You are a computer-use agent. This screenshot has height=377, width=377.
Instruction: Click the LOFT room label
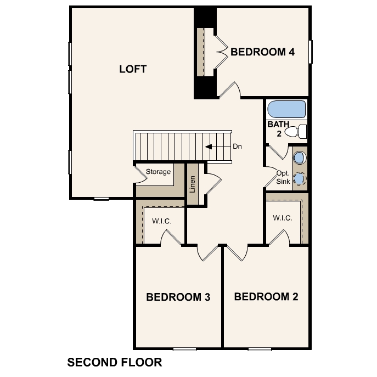pyautogui.click(x=133, y=69)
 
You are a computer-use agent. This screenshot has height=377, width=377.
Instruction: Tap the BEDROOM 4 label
pyautogui.click(x=263, y=52)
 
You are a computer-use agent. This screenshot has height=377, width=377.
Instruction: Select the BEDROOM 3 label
pyautogui.click(x=178, y=297)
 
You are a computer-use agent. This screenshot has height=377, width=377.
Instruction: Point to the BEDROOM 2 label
pyautogui.click(x=266, y=297)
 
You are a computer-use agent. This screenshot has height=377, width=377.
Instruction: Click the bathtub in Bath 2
pyautogui.click(x=286, y=109)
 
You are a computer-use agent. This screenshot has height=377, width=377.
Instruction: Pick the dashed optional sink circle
pyautogui.click(x=299, y=178)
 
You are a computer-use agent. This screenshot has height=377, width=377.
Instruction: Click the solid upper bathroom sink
pyautogui.click(x=299, y=158)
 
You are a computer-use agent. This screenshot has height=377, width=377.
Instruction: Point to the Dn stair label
pyautogui.click(x=238, y=147)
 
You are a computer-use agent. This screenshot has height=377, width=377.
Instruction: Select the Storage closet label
pyautogui.click(x=158, y=172)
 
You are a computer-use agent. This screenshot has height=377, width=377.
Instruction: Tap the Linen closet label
pyautogui.click(x=193, y=184)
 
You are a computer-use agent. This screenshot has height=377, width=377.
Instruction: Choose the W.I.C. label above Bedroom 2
pyautogui.click(x=283, y=218)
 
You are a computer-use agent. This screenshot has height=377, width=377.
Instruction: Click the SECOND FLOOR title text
pyautogui.click(x=114, y=362)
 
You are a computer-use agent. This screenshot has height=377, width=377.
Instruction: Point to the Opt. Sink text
pyautogui.click(x=283, y=177)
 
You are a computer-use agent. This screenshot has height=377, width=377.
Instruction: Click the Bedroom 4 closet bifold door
pyautogui.click(x=221, y=52)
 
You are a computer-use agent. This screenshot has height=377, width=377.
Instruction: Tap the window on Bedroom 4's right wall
pyautogui.click(x=310, y=52)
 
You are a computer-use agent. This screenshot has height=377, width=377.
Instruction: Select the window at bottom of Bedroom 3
pyautogui.click(x=184, y=349)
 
